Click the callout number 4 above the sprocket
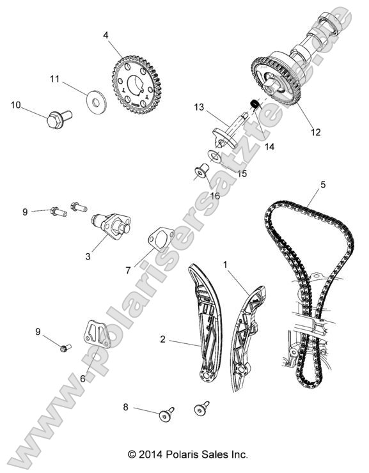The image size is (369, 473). tap(105, 36)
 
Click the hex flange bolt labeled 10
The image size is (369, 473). tap(58, 119)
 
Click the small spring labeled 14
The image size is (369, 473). tap(253, 103)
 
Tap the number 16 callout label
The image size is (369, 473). tap(214, 196)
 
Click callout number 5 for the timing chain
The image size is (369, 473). tap(323, 185)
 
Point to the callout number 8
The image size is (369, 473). tap(125, 407)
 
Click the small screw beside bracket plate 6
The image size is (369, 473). tap(63, 348)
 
